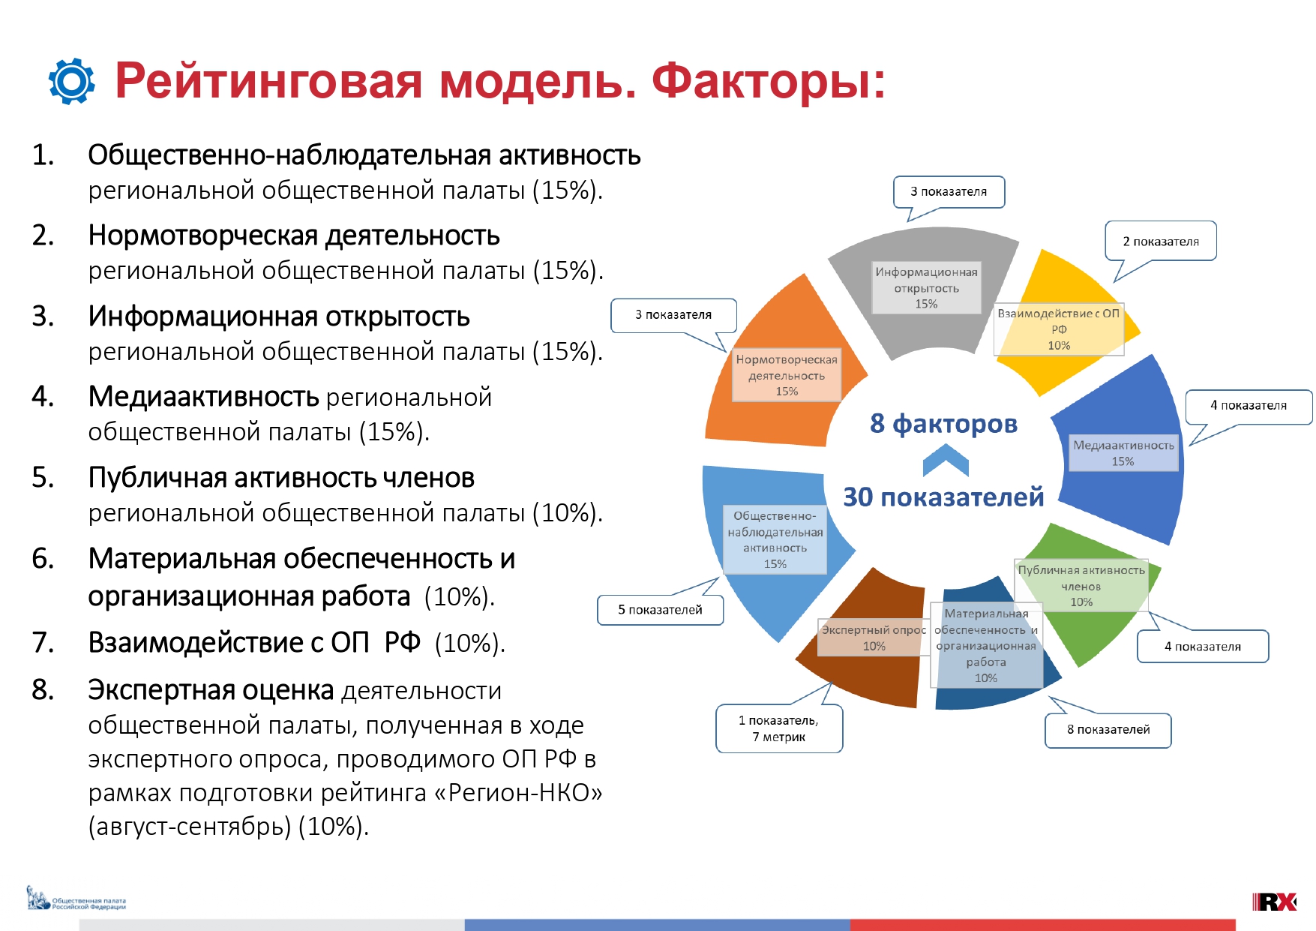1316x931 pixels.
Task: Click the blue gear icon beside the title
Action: point(72,81)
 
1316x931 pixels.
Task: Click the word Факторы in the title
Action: point(769,81)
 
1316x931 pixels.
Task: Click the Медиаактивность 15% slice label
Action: point(1123,453)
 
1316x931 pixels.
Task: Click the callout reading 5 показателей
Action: point(660,610)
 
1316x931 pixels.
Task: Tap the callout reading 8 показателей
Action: point(1108,730)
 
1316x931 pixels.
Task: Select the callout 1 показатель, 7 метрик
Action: point(779,728)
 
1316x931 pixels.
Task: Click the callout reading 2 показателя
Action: point(1161,242)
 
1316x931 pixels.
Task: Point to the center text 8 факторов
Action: point(943,424)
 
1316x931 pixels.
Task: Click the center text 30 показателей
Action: point(943,497)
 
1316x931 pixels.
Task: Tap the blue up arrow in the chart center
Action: point(946,459)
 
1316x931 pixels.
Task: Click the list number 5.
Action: point(43,478)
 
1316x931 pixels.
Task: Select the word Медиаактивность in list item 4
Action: point(204,396)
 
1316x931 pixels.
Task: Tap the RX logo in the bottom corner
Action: point(1274,901)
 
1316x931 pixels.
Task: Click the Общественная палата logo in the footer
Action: point(76,899)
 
